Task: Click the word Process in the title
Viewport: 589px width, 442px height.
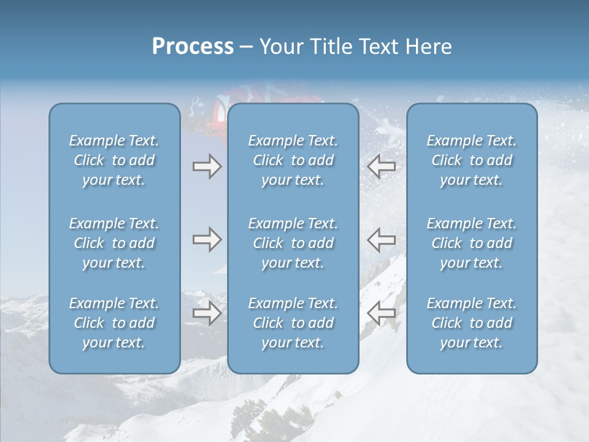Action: tap(193, 47)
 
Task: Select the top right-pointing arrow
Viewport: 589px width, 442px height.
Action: tap(207, 166)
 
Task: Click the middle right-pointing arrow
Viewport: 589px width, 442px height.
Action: tap(207, 239)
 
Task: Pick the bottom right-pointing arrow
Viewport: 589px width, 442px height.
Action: tap(207, 314)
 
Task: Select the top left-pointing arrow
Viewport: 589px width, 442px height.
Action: tap(382, 166)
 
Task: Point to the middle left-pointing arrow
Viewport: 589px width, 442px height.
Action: tap(382, 239)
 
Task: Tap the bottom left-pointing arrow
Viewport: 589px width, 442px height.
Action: tap(382, 314)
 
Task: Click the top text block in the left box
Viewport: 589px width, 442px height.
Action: tap(114, 160)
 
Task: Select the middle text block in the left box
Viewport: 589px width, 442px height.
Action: tap(114, 243)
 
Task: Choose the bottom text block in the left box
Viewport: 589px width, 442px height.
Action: tap(114, 323)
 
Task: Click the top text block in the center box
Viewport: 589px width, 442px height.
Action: tap(293, 160)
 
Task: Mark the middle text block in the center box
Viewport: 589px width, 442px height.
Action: tap(293, 243)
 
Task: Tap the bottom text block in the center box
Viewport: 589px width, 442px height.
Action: tap(293, 323)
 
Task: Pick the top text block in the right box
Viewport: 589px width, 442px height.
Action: tap(472, 160)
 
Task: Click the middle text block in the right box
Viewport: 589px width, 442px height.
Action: tap(472, 243)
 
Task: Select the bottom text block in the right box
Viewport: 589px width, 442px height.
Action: tap(472, 323)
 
